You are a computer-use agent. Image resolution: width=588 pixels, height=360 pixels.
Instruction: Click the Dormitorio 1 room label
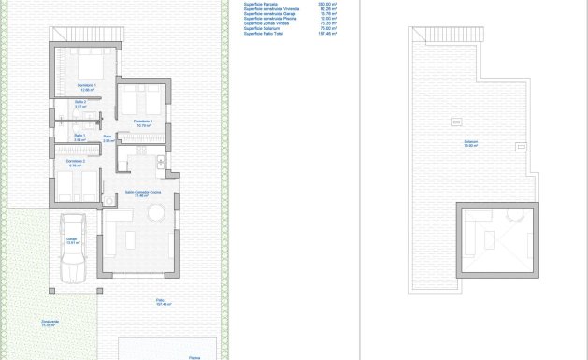coord(88,86)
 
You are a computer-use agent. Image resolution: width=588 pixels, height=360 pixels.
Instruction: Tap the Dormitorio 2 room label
coord(76,162)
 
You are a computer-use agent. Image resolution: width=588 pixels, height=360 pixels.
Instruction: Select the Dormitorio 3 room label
coord(142,122)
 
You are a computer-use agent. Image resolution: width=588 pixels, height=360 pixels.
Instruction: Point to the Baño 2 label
coord(79,102)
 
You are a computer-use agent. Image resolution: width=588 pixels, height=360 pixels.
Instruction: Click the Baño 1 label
coord(79,137)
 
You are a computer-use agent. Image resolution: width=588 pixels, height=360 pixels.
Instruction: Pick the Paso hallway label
coord(108,137)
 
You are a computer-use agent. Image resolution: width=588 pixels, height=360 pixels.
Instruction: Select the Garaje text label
coord(71,239)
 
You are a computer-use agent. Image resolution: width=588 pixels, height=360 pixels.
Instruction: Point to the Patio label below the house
coord(161,300)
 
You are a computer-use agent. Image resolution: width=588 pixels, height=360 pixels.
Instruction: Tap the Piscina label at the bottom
coord(194,356)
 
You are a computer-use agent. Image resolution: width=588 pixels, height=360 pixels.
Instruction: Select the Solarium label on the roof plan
coord(470,142)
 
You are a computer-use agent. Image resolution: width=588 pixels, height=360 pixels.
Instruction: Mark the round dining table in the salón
coord(154,215)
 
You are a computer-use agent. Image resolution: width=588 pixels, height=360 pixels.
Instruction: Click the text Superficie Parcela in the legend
coord(261,5)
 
